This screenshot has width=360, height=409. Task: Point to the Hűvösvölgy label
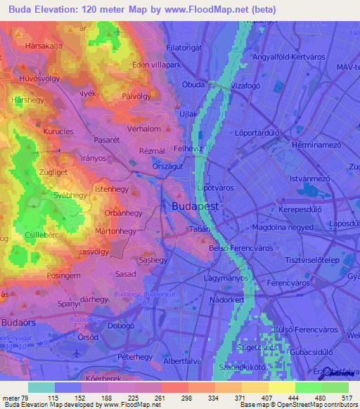coord(40,79)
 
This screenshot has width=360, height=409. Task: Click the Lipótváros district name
coord(219,189)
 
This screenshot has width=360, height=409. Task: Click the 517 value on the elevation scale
coord(346,398)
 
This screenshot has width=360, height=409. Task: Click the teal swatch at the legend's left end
coord(41,387)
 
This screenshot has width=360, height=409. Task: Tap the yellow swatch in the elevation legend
coord(281,387)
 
